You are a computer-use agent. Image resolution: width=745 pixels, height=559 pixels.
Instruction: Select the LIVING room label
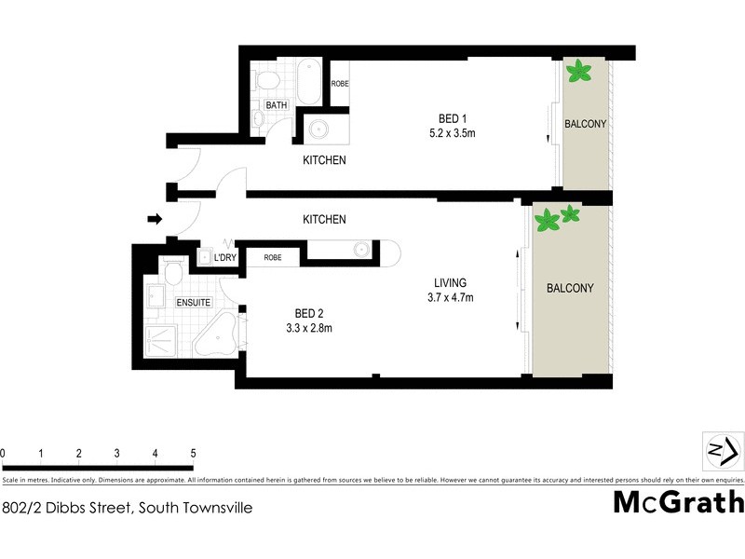click(x=450, y=283)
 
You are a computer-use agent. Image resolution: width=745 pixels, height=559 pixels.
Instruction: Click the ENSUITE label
click(x=194, y=303)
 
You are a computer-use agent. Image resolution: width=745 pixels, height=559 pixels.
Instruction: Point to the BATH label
click(x=277, y=106)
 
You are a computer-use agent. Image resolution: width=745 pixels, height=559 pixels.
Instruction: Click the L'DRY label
click(x=225, y=257)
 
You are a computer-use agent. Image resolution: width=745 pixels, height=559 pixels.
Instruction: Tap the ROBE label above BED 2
click(x=274, y=257)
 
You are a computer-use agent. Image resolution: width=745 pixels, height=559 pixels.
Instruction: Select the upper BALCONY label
click(x=586, y=124)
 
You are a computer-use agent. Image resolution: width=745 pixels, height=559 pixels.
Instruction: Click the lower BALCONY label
click(x=570, y=289)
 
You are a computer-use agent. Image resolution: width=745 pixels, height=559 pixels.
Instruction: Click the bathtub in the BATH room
click(x=309, y=81)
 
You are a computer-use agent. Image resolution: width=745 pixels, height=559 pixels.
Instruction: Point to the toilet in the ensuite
click(x=171, y=271)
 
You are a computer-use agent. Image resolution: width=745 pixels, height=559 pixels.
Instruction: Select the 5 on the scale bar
click(x=192, y=454)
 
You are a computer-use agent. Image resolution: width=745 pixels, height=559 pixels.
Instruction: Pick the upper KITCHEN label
click(x=324, y=160)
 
